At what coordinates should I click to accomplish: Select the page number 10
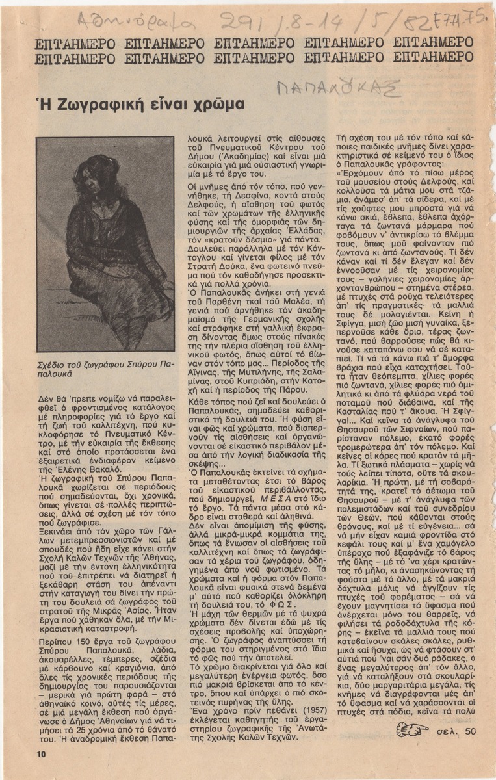point(40,753)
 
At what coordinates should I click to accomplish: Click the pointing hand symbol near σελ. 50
point(413,731)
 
